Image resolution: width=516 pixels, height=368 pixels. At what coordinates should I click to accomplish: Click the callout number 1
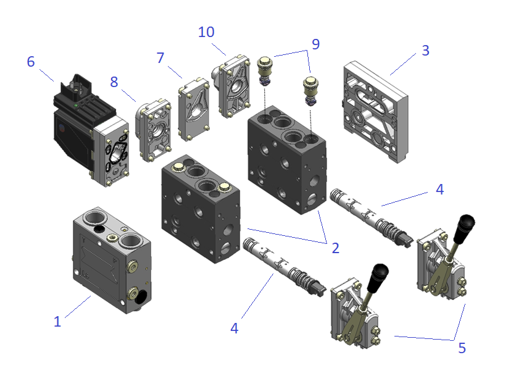(x=57, y=321)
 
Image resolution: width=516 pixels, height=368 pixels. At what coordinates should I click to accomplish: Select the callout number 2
(x=335, y=248)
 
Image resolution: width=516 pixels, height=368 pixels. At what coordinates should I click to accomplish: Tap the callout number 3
(x=425, y=50)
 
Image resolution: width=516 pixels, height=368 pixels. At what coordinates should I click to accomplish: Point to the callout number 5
(x=462, y=348)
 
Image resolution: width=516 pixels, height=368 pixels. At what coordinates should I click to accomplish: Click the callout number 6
(x=31, y=62)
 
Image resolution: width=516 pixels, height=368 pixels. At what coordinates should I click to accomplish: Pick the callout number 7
(x=160, y=58)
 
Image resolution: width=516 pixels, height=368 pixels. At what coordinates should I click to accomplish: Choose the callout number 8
(x=114, y=81)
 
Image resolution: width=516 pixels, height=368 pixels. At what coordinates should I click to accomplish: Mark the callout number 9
(x=315, y=44)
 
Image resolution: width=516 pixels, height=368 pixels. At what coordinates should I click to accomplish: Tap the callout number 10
(x=206, y=31)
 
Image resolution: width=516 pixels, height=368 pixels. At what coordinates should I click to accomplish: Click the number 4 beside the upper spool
(x=439, y=189)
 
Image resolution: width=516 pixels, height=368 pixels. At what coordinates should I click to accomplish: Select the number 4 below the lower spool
(x=234, y=328)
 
